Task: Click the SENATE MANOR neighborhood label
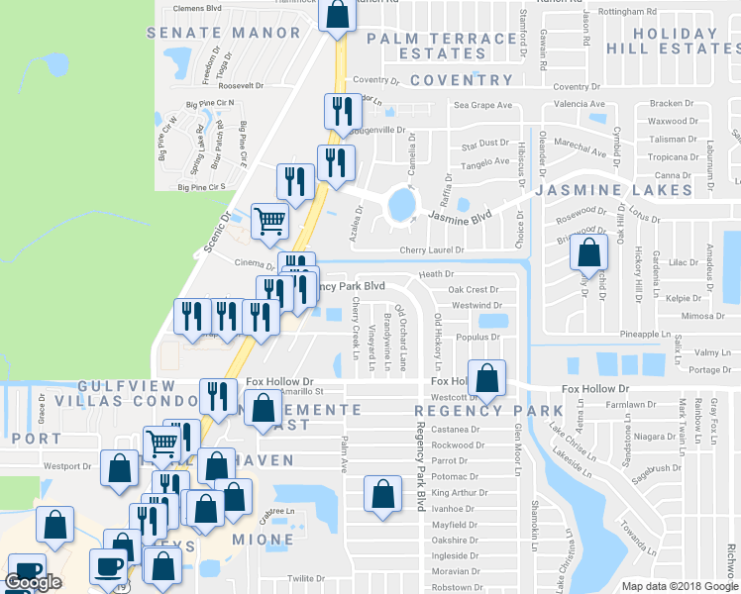(223, 33)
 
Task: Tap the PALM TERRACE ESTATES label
(442, 46)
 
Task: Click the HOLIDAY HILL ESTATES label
(676, 40)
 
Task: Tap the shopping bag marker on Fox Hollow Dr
(486, 377)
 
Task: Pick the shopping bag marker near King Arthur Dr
(382, 494)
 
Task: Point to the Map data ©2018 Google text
(679, 585)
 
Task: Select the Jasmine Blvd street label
(461, 215)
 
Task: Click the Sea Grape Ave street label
(482, 104)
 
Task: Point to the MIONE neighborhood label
(263, 541)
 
